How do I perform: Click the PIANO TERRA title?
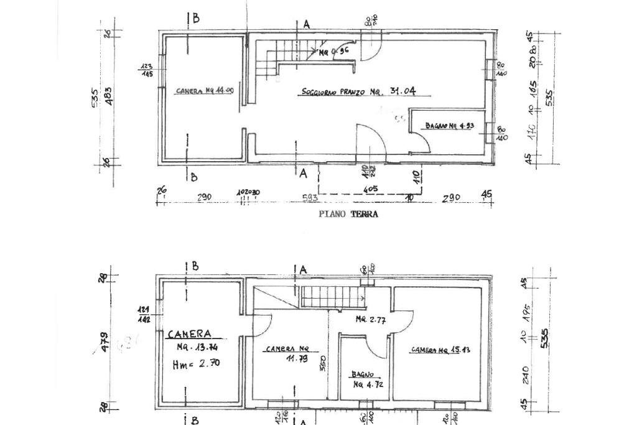pyautogui.click(x=348, y=214)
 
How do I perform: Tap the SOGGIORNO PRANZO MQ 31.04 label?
pyautogui.click(x=358, y=92)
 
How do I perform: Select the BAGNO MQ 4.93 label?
pyautogui.click(x=450, y=126)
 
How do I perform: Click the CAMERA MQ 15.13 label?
pyautogui.click(x=440, y=350)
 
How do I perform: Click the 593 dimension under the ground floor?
pyautogui.click(x=310, y=198)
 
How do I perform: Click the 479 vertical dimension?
pyautogui.click(x=105, y=342)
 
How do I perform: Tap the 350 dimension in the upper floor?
pyautogui.click(x=323, y=363)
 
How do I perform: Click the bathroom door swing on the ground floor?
pyautogui.click(x=422, y=141)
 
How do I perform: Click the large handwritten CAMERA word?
pyautogui.click(x=189, y=334)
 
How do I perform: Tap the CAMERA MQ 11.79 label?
pyautogui.click(x=287, y=353)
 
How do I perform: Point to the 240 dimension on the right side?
pyautogui.click(x=526, y=374)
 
